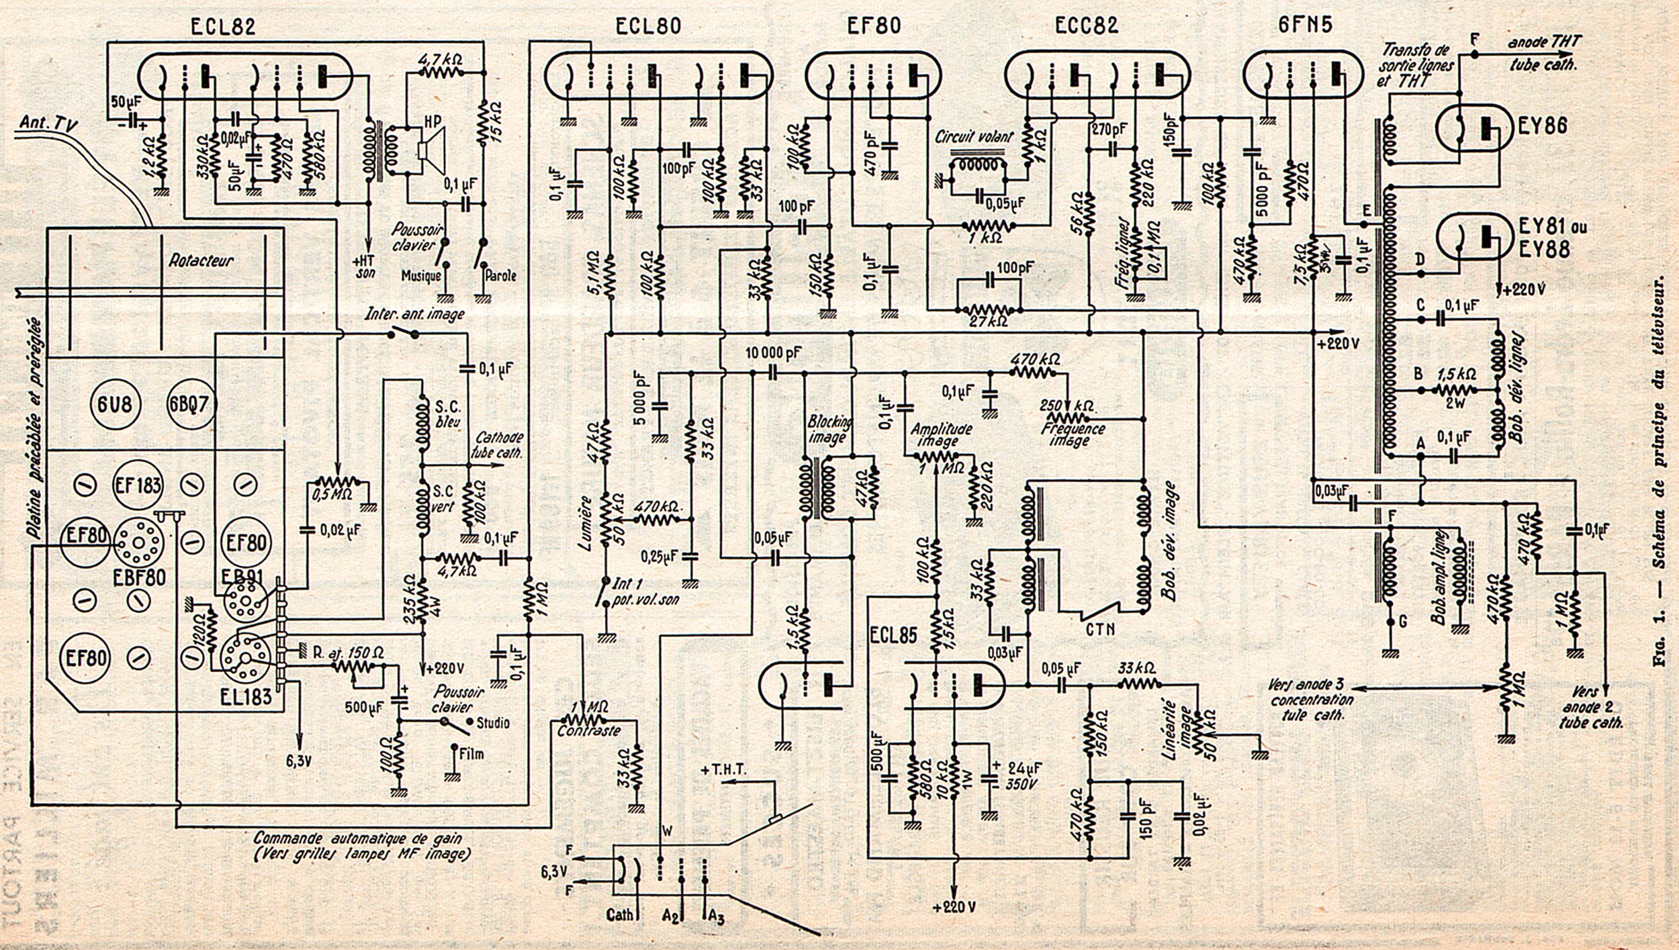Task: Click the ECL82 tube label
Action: [224, 27]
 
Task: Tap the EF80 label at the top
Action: [872, 26]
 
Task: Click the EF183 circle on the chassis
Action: [138, 485]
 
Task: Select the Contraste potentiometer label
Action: [588, 731]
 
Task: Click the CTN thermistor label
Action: [1099, 629]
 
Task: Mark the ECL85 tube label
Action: [892, 636]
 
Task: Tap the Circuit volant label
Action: [974, 138]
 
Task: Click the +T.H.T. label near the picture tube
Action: [723, 770]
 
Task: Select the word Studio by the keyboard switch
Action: [492, 723]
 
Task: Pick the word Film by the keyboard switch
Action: [471, 754]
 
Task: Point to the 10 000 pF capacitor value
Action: [773, 353]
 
